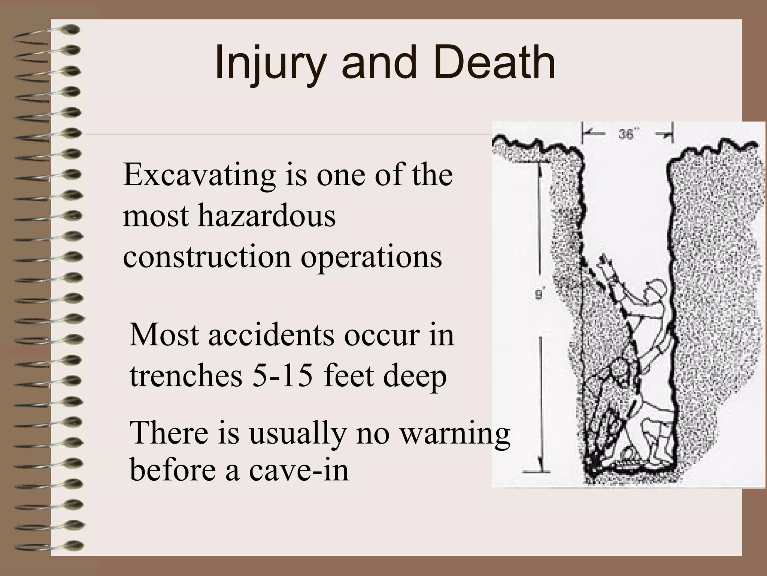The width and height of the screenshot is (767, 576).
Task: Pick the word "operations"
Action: tap(372, 258)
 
